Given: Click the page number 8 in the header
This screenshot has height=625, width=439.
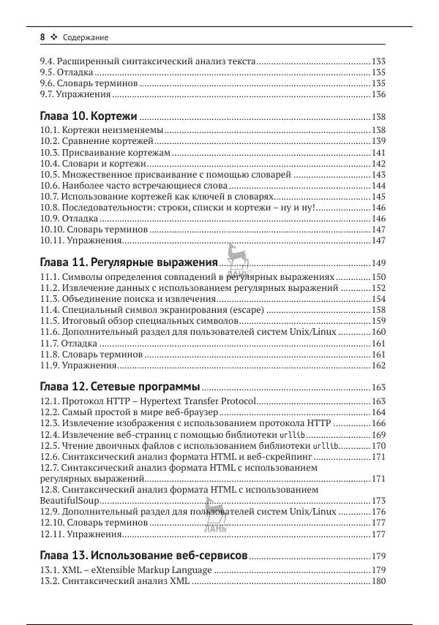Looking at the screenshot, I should click(42, 37).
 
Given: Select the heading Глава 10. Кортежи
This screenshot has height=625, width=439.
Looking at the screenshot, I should click(88, 116).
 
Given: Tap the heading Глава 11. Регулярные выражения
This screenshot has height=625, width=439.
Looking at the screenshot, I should click(128, 262).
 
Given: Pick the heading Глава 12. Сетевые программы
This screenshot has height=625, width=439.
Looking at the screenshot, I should click(119, 387).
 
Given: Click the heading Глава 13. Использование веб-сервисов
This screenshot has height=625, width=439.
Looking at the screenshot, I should click(143, 555).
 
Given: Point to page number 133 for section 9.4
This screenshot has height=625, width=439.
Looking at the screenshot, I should click(378, 62).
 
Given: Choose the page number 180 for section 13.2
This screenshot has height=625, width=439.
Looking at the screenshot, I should click(378, 581).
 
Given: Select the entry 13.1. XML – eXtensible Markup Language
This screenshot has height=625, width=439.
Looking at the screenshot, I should click(125, 570).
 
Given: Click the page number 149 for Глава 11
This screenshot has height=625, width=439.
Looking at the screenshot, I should click(378, 263).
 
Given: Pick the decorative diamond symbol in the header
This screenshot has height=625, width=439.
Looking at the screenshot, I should click(54, 37).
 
